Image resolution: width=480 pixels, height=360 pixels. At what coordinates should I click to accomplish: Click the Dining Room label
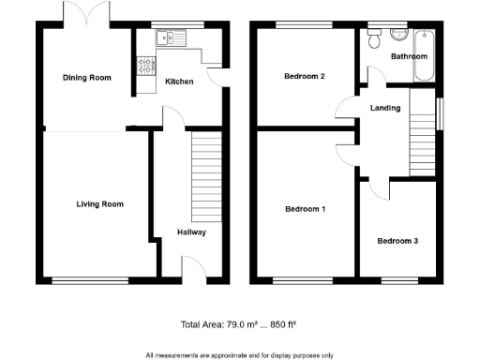click(86, 78)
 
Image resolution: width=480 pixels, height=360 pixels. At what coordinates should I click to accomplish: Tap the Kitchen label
click(179, 82)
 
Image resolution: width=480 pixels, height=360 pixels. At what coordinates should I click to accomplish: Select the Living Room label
click(99, 204)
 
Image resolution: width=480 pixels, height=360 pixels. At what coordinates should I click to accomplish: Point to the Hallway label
click(191, 232)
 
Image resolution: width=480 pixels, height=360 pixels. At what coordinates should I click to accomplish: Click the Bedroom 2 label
click(305, 78)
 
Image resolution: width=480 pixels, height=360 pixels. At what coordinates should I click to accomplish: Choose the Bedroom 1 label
click(305, 209)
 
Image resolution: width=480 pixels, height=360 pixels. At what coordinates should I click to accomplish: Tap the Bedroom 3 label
click(397, 241)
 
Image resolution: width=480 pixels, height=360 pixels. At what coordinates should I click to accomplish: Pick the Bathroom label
click(410, 56)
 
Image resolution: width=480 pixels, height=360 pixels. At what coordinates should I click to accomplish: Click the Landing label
click(385, 108)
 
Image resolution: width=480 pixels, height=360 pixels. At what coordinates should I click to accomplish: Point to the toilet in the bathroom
click(374, 38)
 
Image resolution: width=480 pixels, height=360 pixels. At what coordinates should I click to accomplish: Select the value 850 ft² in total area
click(281, 325)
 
